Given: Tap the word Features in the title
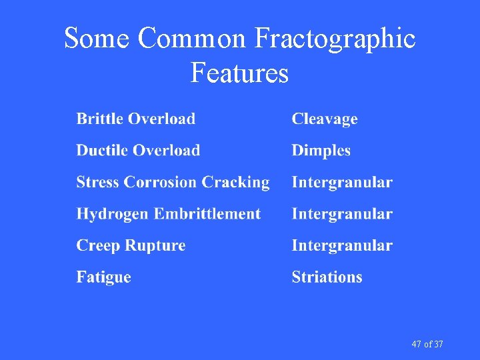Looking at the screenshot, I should click(x=239, y=72).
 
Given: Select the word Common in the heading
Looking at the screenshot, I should click(x=192, y=39).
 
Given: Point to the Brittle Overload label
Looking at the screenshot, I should click(x=136, y=119).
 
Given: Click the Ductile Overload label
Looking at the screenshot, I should click(x=138, y=151).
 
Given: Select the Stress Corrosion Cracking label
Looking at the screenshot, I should click(x=173, y=183).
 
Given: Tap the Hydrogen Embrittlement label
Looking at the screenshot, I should click(x=168, y=214).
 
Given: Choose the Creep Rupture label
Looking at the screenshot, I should click(x=131, y=246).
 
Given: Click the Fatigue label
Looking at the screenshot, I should click(x=103, y=277).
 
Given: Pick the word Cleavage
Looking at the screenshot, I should click(x=325, y=119).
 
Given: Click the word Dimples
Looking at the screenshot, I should click(x=321, y=151).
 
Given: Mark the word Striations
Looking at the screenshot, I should click(x=327, y=277).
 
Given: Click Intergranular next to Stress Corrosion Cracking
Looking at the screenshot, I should click(x=342, y=183).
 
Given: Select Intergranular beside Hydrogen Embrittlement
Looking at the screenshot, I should click(x=342, y=214).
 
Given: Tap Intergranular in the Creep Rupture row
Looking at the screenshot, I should click(x=342, y=246).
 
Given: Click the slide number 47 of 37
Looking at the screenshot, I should click(x=427, y=344).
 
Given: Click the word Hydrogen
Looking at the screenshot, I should click(x=113, y=215).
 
